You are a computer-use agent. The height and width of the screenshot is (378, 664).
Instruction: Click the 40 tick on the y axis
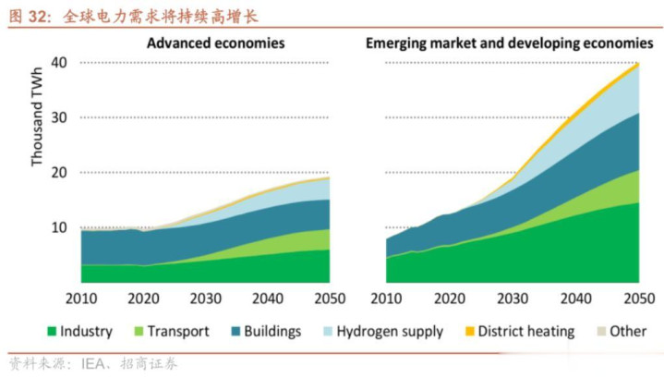tap(60, 63)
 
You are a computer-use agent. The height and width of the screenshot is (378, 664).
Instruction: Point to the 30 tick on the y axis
tap(60, 118)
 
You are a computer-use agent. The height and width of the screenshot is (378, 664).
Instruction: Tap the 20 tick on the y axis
tap(60, 173)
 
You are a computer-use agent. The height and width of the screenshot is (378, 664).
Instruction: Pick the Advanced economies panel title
tap(215, 43)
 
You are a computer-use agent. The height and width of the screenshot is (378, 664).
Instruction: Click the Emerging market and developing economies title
tap(510, 43)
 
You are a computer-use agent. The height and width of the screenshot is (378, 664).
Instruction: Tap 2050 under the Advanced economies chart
tap(330, 299)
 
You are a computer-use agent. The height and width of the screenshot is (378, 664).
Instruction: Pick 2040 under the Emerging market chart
tap(574, 299)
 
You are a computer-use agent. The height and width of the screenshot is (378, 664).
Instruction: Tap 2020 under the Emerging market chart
tap(450, 299)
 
